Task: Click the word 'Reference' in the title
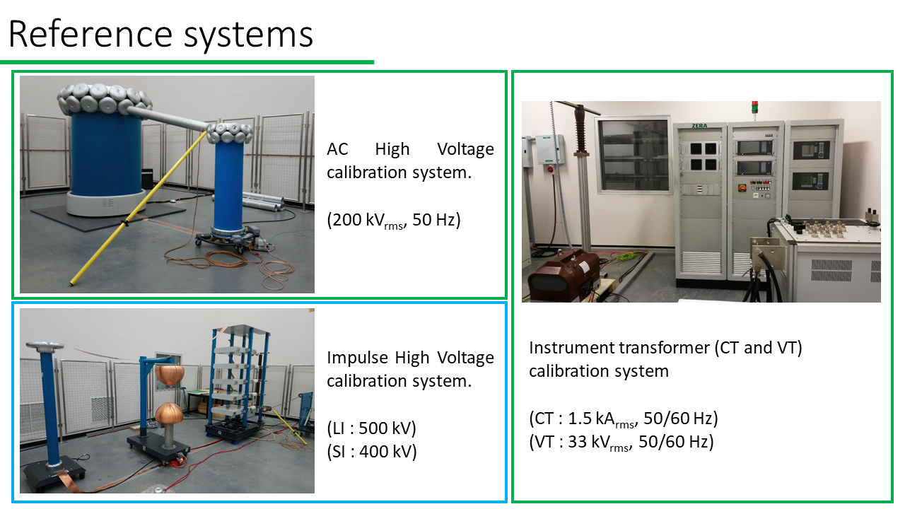[x=90, y=34]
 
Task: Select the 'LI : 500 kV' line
[x=371, y=428]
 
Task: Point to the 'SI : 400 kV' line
[x=372, y=452]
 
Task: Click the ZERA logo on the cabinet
[x=699, y=126]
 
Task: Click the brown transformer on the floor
[x=564, y=275]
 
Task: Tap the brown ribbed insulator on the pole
[x=580, y=129]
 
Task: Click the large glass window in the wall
[x=633, y=156]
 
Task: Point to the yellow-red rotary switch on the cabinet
[x=742, y=187]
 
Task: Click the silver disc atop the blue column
[x=45, y=346]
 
